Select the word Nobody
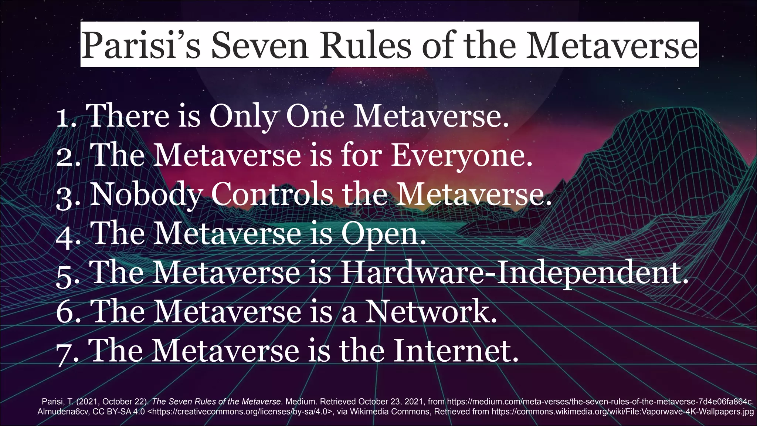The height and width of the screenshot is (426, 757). (x=146, y=195)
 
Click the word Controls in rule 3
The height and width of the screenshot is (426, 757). (x=272, y=195)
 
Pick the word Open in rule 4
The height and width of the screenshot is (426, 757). (x=383, y=234)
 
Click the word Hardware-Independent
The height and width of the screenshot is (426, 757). (x=514, y=273)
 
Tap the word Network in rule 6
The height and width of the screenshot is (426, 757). (x=431, y=311)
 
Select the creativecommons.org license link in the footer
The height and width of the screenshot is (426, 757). (x=240, y=412)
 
